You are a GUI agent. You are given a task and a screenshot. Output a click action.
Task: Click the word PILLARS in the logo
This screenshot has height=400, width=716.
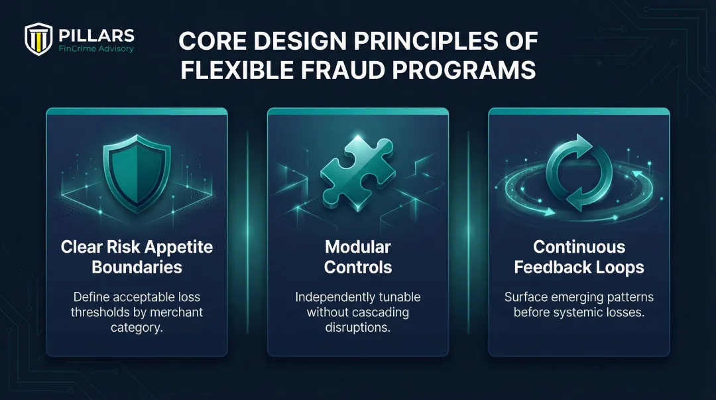click(x=96, y=35)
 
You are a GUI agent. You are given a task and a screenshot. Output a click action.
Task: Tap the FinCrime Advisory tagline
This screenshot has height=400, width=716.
click(x=96, y=49)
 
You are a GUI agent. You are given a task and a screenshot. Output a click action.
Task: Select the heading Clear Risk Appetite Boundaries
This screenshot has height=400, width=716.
click(x=137, y=257)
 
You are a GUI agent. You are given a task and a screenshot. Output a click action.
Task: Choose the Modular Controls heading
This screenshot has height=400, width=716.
click(x=358, y=257)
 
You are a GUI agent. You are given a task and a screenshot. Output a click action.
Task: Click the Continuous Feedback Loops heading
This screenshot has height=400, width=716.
click(x=579, y=257)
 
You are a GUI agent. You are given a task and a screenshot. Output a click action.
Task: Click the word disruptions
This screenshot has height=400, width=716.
click(x=358, y=327)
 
